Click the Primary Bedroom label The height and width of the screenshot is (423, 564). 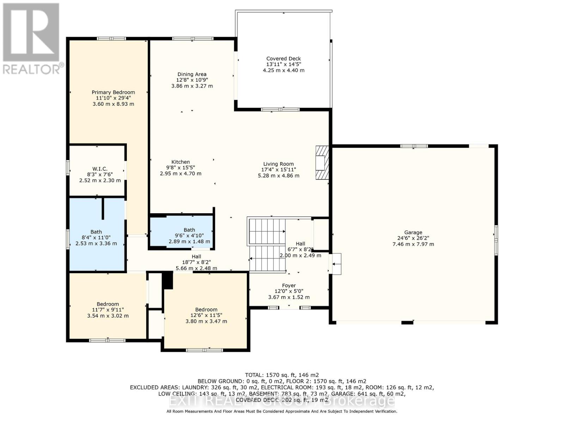coord(113,92)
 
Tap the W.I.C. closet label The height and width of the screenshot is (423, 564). coord(100,169)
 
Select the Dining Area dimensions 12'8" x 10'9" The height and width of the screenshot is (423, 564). coord(192,80)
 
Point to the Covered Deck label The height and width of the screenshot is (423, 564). coord(283,59)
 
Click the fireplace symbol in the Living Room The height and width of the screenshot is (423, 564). coord(321,163)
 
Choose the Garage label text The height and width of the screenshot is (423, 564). coord(413,233)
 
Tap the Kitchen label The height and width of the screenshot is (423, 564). coord(180,162)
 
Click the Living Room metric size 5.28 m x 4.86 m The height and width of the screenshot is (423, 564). coord(278,176)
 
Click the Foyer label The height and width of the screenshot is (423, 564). coord(289,286)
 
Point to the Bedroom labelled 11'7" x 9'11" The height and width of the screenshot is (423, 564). coord(108,310)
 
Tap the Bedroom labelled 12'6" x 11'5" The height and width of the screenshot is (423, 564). coord(206,315)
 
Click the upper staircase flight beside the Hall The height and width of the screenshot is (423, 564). coord(267,231)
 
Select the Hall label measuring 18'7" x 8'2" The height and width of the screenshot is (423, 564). coord(196,262)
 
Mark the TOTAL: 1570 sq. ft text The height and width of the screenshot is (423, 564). coord(282,375)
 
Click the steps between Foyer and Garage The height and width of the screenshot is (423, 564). coord(336,264)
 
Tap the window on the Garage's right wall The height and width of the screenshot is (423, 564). coord(496,240)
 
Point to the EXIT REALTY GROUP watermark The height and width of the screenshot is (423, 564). coord(282,401)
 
